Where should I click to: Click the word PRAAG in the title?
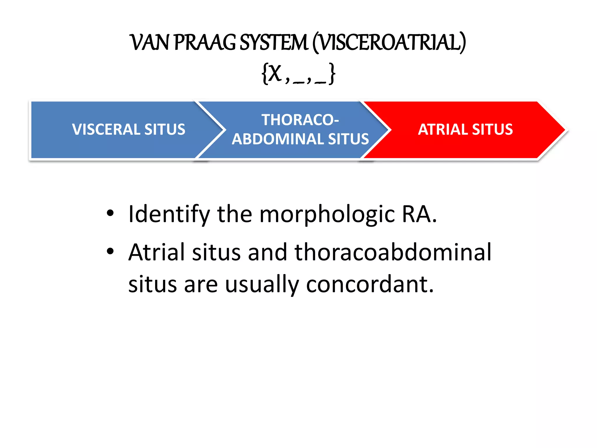pos(205,43)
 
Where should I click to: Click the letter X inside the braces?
pos(275,73)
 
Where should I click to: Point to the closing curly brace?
pos(332,74)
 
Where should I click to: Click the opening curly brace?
pos(264,74)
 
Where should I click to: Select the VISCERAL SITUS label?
pos(129,129)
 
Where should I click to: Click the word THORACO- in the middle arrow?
pos(300,120)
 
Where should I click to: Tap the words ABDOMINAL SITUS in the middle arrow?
pos(300,139)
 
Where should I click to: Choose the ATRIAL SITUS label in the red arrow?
pos(465,129)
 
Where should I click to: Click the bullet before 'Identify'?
pos(110,213)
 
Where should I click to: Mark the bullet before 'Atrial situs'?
pos(110,251)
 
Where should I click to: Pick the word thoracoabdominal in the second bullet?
pos(393,252)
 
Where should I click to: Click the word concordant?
pos(370,284)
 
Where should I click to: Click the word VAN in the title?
pos(150,43)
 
